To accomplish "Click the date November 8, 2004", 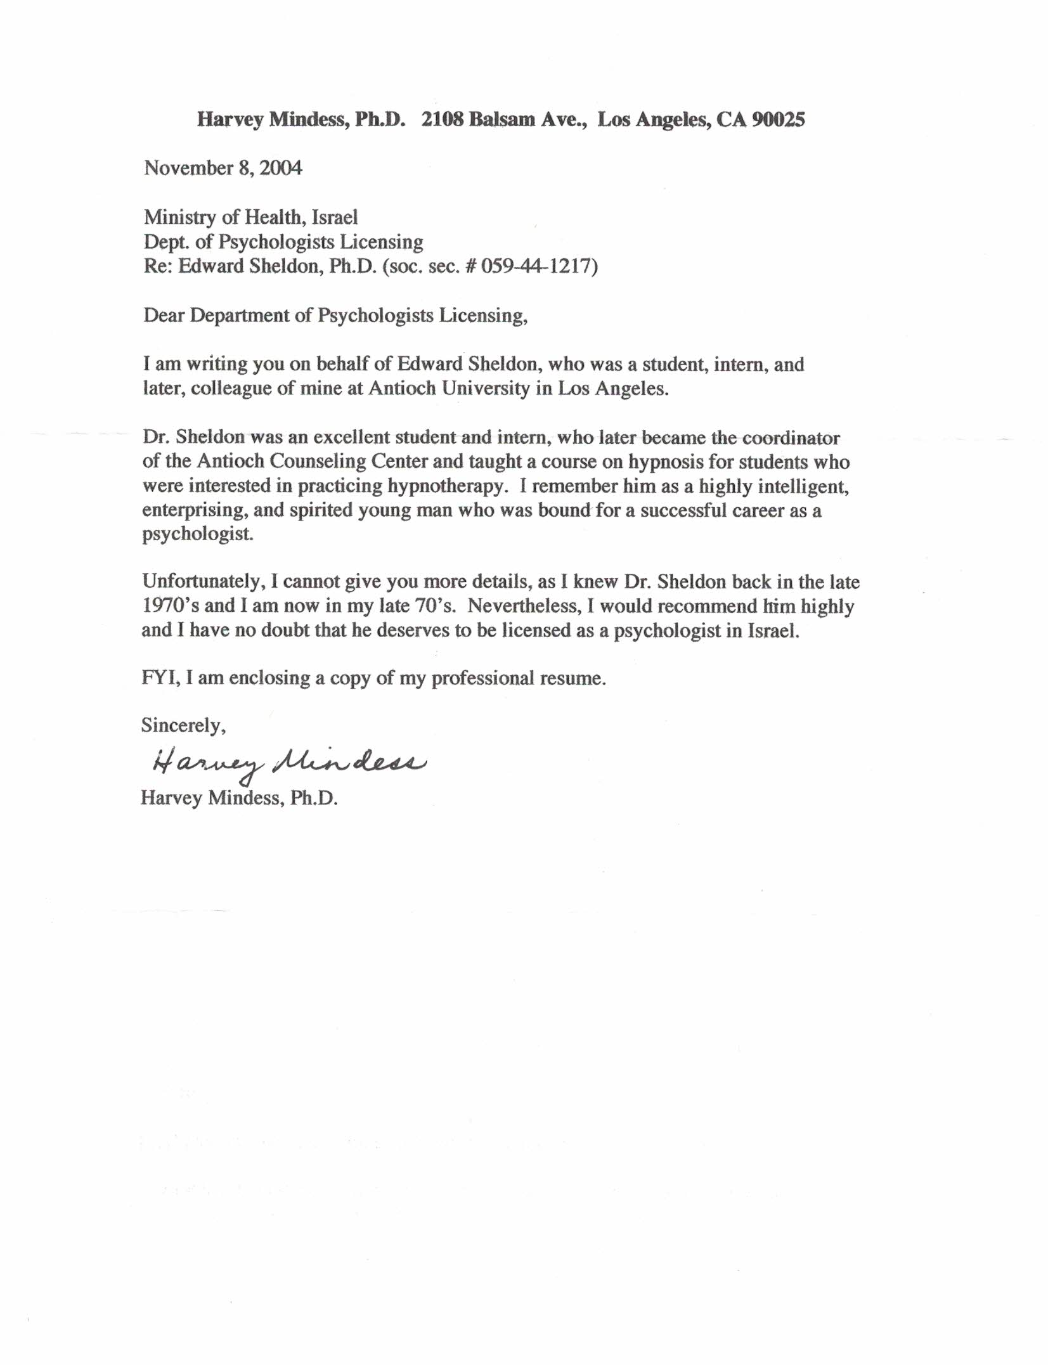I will click(223, 168).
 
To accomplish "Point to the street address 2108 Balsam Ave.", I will click(503, 119).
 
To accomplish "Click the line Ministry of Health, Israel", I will click(250, 217).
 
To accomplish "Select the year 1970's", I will click(171, 605).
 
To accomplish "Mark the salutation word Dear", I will click(164, 315).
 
